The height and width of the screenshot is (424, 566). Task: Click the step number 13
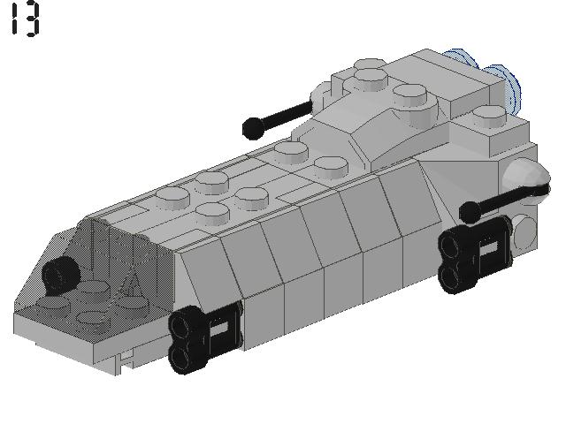(24, 19)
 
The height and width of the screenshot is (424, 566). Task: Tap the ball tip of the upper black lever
(251, 129)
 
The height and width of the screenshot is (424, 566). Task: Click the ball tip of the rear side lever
(469, 212)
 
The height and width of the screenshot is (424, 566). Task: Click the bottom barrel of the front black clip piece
(183, 354)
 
